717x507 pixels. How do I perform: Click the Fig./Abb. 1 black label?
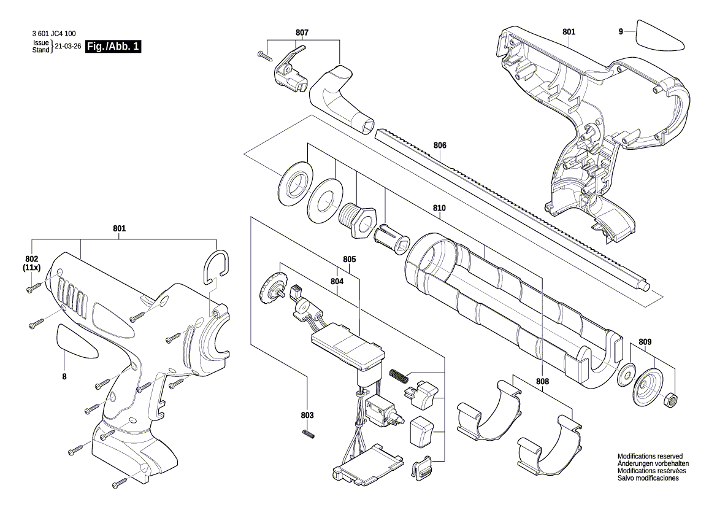coord(113,47)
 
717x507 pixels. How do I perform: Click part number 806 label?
coord(439,145)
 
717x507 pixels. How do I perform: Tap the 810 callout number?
coord(439,208)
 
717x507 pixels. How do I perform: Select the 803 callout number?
coord(307,416)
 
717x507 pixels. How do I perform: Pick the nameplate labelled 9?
coord(660,36)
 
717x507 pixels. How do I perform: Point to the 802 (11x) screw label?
coord(32,263)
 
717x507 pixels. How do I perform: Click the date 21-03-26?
coord(67,47)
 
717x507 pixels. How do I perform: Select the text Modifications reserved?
coord(650,457)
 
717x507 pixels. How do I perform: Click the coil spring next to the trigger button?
coord(397,375)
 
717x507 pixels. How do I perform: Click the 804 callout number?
coord(337,281)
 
